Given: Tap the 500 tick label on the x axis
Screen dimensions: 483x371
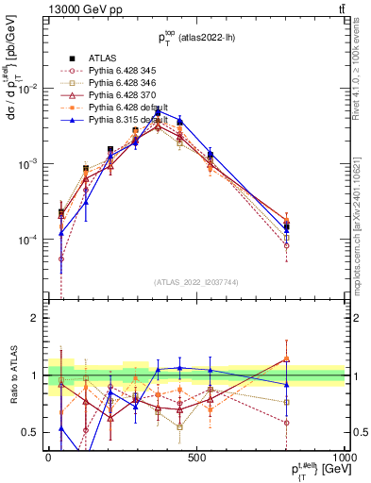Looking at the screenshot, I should coord(196,457).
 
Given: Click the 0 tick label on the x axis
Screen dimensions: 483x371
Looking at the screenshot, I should coord(48,457).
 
